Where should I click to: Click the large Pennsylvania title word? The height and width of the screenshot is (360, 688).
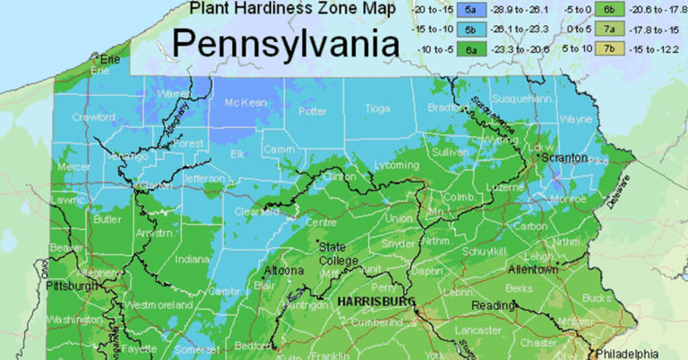[286, 42]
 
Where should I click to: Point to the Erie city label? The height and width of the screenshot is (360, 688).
[110, 59]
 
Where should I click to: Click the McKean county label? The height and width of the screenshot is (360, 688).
[245, 103]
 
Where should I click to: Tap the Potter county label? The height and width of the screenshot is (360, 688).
[312, 112]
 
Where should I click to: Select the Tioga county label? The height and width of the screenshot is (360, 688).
[377, 108]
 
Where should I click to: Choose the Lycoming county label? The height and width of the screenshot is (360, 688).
[395, 166]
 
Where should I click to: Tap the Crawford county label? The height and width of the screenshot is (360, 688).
[93, 116]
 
